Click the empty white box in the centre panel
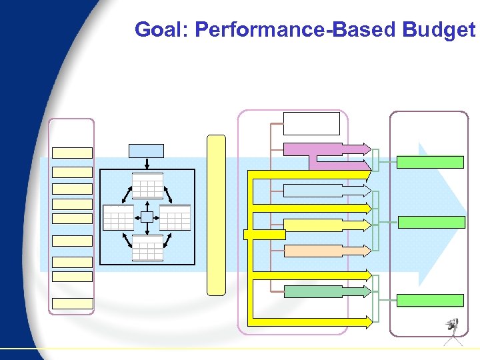311,123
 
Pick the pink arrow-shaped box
323,149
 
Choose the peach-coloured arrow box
323,251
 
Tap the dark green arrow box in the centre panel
323,291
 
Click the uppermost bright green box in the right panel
430,162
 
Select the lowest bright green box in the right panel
430,300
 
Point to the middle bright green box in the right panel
431,222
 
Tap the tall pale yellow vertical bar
216,215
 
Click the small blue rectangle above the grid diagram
147,151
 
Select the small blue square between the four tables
147,217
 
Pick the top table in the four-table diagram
147,185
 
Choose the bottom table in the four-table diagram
147,248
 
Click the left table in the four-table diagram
119,217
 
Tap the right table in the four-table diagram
175,217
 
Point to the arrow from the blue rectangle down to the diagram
147,164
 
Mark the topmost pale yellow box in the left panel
72,153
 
